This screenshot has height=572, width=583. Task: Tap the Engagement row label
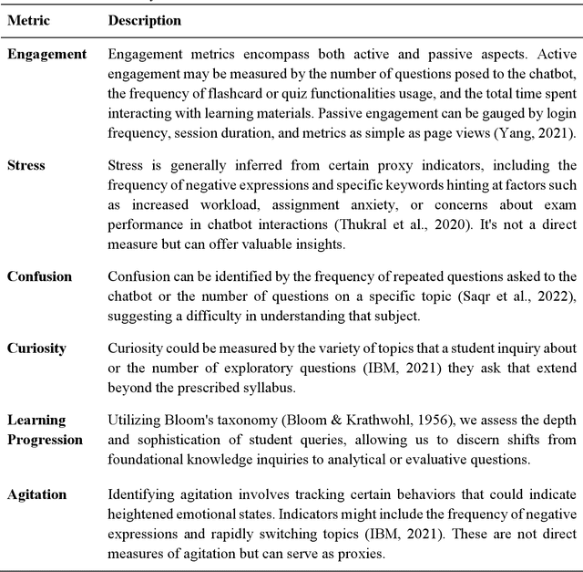pyautogui.click(x=47, y=55)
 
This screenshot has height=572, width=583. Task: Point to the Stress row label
pyautogui.click(x=27, y=165)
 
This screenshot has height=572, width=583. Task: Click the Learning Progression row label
pyautogui.click(x=46, y=430)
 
